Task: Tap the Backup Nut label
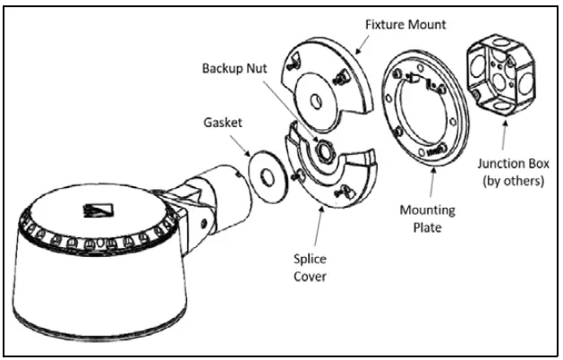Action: click(236, 67)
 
